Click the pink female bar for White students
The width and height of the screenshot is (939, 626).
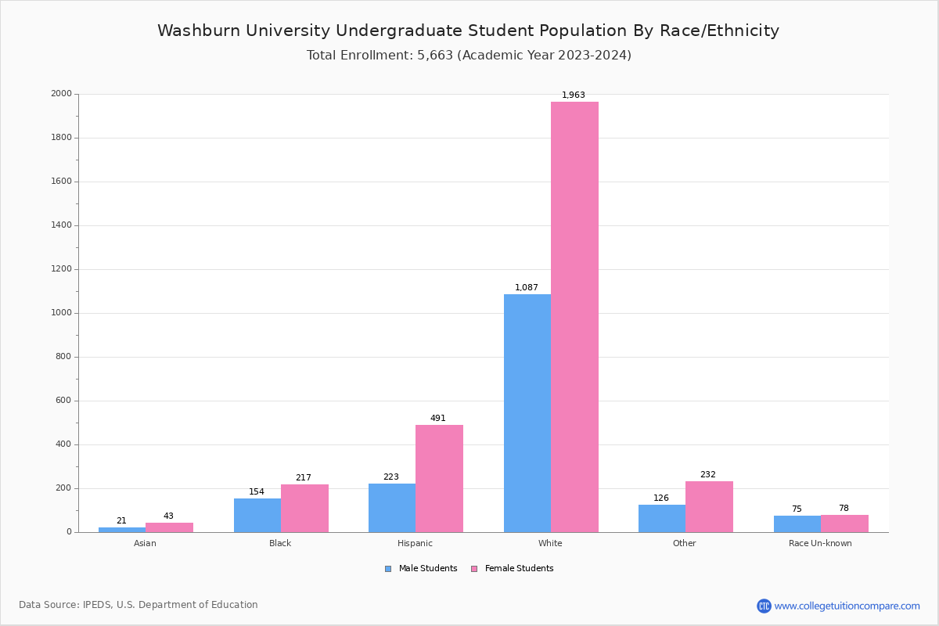(574, 317)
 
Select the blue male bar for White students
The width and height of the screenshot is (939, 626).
(527, 413)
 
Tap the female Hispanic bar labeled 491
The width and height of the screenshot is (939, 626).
(439, 478)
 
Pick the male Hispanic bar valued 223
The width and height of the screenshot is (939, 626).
(391, 508)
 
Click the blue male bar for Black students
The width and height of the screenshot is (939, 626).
(257, 515)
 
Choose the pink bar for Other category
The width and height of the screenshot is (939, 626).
(709, 506)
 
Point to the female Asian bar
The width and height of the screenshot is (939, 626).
(169, 527)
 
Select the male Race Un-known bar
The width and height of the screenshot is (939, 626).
(797, 523)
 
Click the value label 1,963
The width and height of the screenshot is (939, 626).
(574, 95)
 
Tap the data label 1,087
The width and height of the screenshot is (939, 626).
(527, 288)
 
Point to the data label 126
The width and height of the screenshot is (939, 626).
(661, 498)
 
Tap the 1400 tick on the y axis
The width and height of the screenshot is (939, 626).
(61, 225)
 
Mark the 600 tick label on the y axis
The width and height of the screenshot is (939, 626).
(63, 401)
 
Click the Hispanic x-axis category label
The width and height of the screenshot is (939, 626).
(415, 543)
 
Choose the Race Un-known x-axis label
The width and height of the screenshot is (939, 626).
(820, 543)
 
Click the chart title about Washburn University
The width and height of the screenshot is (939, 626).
(468, 31)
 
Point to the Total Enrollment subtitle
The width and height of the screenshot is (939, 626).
(469, 56)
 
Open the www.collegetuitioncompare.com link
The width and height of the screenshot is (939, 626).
(847, 606)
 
